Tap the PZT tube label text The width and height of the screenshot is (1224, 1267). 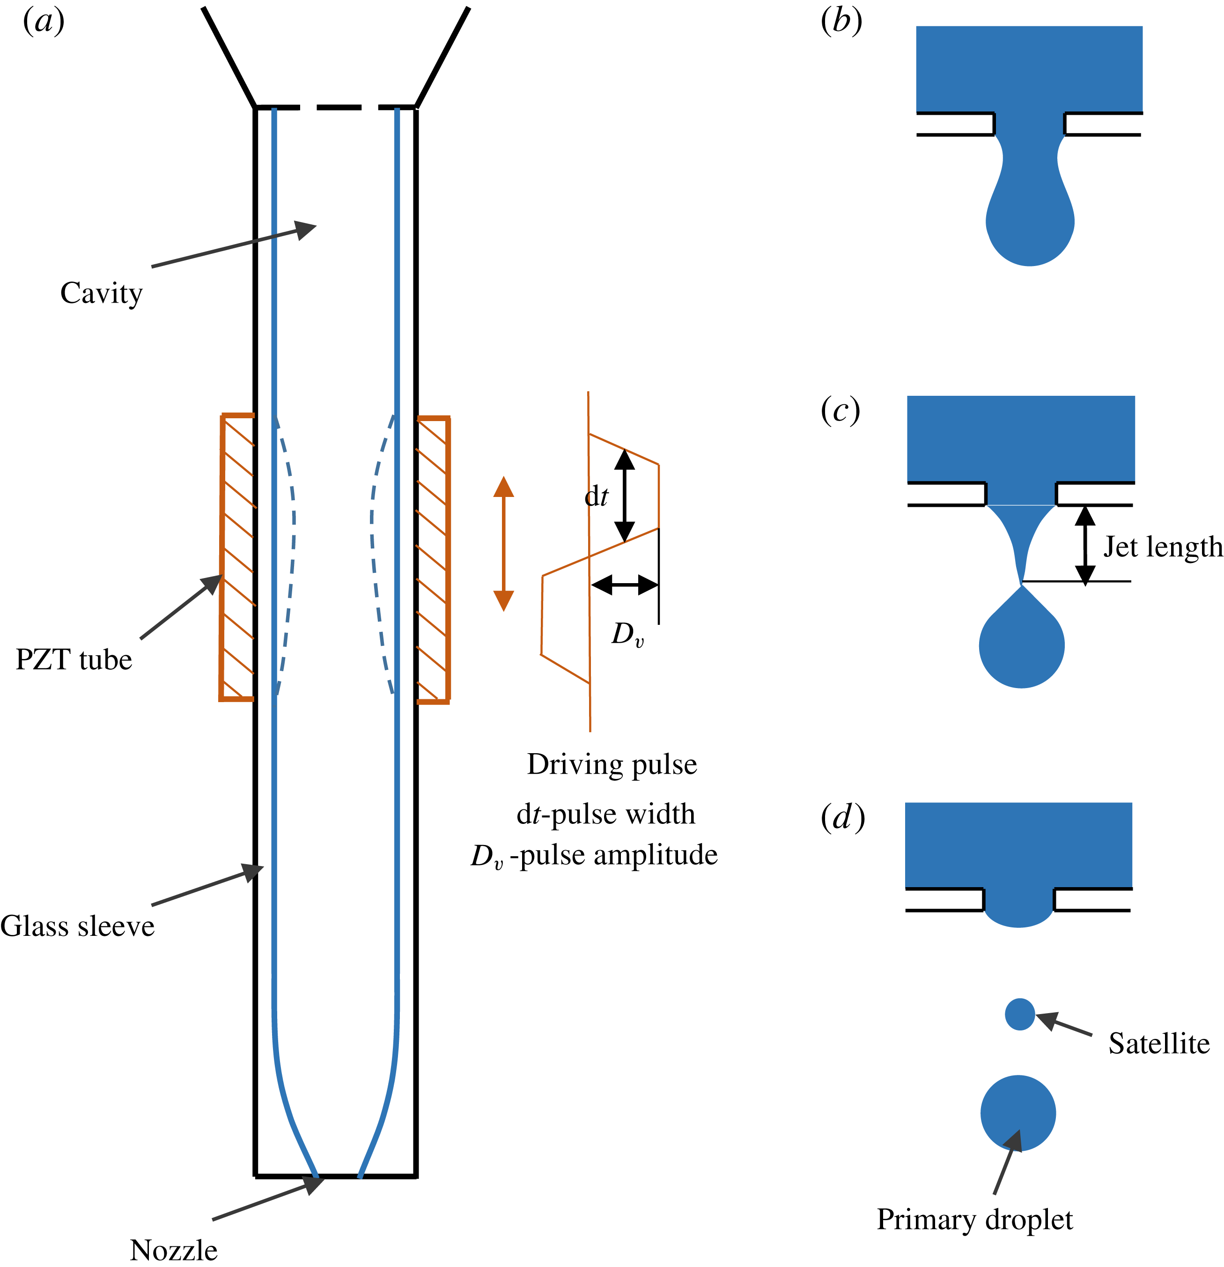(74, 660)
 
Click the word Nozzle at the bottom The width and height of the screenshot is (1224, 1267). (173, 1250)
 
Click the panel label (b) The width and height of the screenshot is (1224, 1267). (841, 22)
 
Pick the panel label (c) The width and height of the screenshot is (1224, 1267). (840, 410)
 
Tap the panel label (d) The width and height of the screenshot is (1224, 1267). (842, 818)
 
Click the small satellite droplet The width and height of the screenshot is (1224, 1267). (1020, 1014)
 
